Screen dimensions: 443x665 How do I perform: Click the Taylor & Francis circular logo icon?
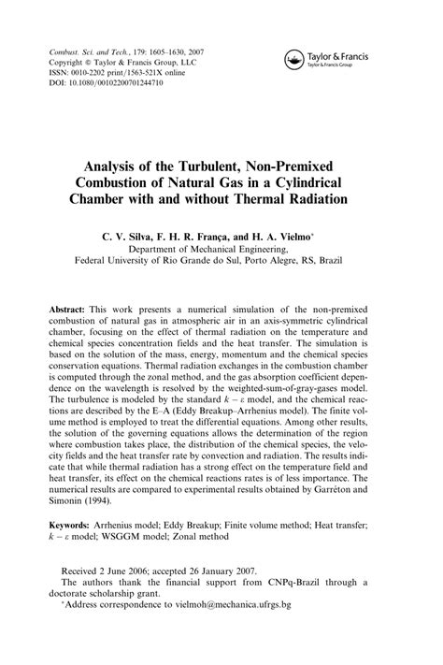[x=294, y=61]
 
